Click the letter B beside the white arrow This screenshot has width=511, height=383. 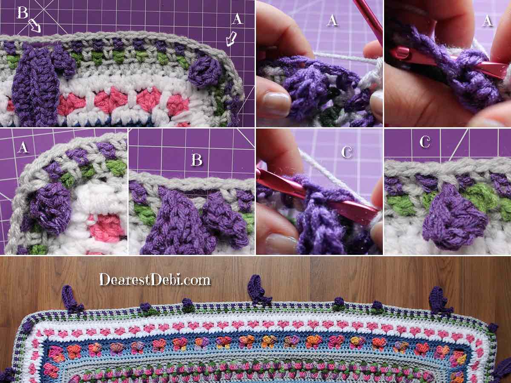(x=22, y=13)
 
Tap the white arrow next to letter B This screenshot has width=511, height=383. (x=34, y=26)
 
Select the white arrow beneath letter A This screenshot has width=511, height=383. (x=231, y=39)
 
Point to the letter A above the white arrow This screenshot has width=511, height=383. (x=237, y=19)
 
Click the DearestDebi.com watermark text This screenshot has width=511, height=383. (x=155, y=279)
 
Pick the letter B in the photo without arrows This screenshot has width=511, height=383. (x=196, y=160)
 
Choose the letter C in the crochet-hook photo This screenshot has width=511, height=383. (x=346, y=152)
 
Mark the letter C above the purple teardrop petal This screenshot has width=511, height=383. (x=425, y=142)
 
